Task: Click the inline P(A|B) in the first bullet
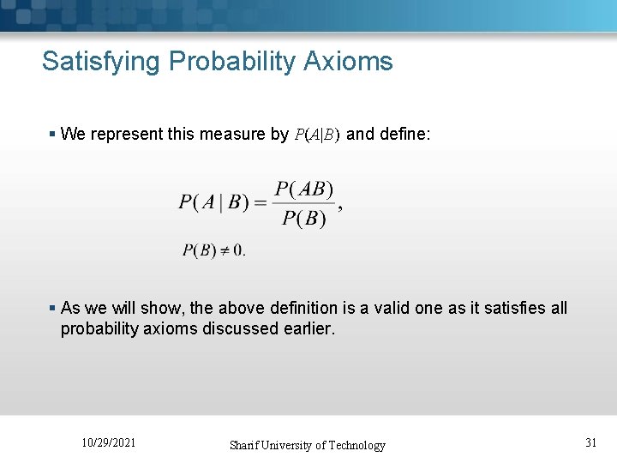coord(316,135)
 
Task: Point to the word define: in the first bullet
coord(407,134)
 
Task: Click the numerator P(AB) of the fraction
coord(305,189)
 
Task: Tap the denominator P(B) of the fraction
coord(304,219)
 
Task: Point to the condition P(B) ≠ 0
coord(213,250)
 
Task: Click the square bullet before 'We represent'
coord(52,134)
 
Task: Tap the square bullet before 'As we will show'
coord(52,308)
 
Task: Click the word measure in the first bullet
coord(231,134)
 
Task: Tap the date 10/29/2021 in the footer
coord(108,442)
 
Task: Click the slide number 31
coord(590,442)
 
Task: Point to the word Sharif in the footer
coord(247,445)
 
